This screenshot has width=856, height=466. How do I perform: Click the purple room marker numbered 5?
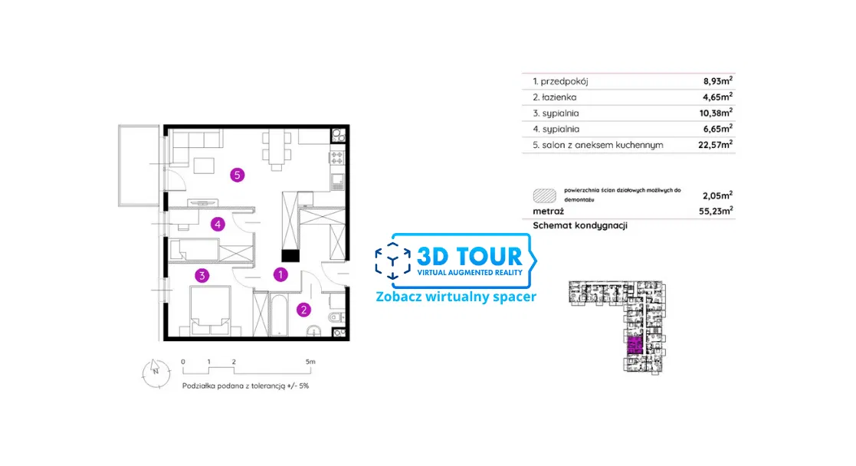tap(237, 175)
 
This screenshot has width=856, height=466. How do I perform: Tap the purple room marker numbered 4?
tap(218, 224)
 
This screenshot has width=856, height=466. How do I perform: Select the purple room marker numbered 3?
tap(202, 275)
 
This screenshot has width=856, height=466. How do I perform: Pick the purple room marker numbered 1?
tap(280, 274)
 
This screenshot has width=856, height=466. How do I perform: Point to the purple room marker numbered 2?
tap(303, 310)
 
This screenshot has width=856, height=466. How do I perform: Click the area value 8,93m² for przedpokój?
tap(718, 80)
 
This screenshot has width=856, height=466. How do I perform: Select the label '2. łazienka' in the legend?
tap(555, 97)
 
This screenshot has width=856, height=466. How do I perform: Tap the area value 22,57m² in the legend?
tap(715, 145)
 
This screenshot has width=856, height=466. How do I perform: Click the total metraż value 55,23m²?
tap(716, 211)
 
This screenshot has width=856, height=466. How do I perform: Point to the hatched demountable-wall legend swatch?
tap(544, 195)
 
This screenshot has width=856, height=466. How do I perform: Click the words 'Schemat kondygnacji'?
tap(580, 225)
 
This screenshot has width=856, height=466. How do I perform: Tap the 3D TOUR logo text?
tap(470, 256)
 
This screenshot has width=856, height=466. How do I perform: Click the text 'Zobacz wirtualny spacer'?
tap(457, 297)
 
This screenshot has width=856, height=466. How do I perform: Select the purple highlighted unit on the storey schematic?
tap(634, 346)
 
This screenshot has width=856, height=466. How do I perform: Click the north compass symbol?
tap(156, 372)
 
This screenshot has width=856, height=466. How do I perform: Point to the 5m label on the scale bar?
tap(310, 362)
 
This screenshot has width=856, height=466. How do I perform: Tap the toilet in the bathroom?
tap(336, 317)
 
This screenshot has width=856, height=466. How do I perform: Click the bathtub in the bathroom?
tap(279, 316)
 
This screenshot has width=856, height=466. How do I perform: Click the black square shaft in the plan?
tap(290, 256)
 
